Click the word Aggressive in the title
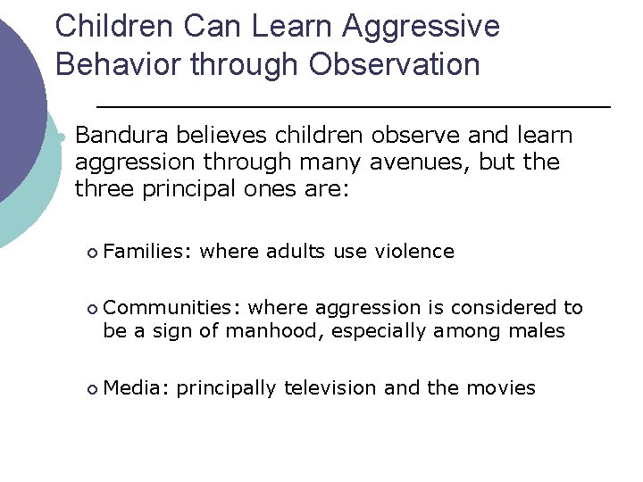tap(422, 27)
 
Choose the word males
tap(536, 331)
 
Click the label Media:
tap(136, 388)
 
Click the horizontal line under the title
tap(353, 106)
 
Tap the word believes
tap(216, 136)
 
